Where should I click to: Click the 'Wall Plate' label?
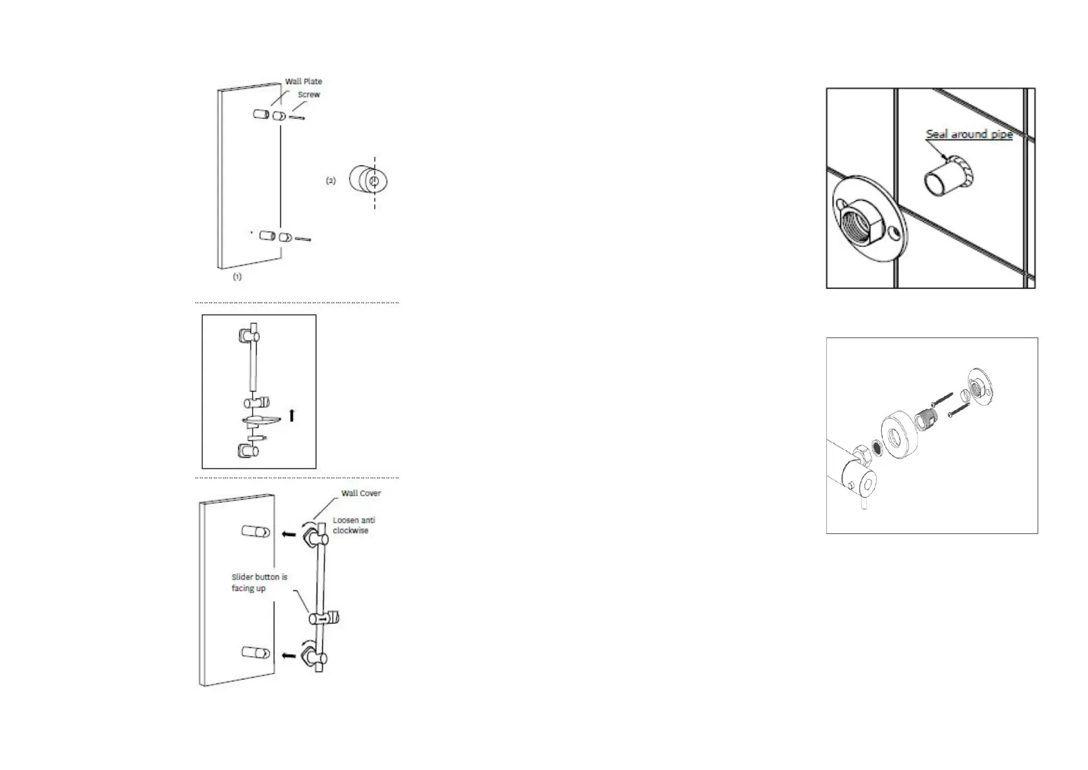[x=303, y=81]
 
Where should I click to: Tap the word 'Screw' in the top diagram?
[x=309, y=94]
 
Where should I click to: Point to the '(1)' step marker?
[x=237, y=277]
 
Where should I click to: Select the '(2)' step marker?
[x=330, y=181]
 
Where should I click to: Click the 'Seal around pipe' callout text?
[x=968, y=134]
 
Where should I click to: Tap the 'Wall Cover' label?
[x=361, y=493]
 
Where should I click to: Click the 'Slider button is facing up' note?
[x=259, y=583]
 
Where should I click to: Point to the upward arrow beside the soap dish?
[x=292, y=415]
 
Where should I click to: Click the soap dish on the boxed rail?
[x=262, y=421]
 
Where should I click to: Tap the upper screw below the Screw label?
[x=296, y=117]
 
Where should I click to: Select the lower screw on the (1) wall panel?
[x=303, y=239]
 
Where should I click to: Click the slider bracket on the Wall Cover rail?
[x=324, y=618]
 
